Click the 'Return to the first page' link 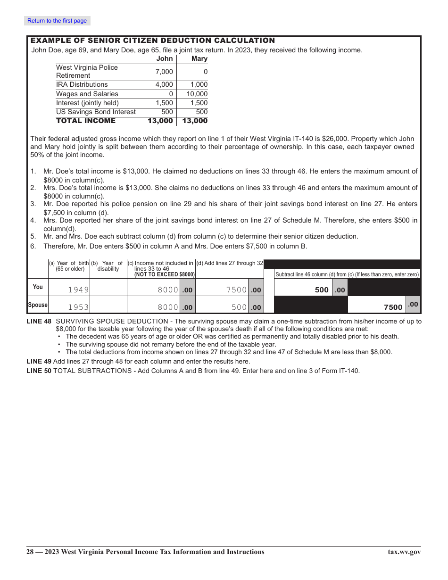tap(57, 21)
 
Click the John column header tap(165, 58)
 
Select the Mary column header tap(199, 58)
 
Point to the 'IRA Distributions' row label tap(82, 84)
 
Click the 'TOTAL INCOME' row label tap(85, 121)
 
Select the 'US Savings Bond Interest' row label tap(96, 112)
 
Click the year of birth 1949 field tap(78, 290)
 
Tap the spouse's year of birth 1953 tap(78, 307)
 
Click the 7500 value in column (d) tap(236, 290)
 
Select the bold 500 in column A tap(322, 290)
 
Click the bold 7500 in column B tap(393, 307)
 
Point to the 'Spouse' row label tap(38, 305)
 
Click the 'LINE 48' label tap(39, 321)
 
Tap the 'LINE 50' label tap(39, 371)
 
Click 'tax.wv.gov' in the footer tap(404, 552)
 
